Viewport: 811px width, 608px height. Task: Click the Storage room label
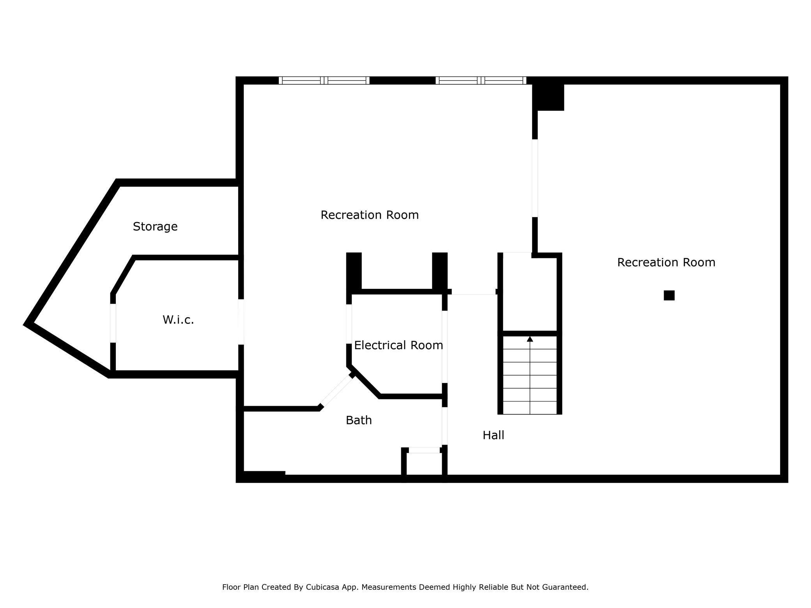(x=155, y=226)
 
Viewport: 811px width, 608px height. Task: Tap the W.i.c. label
(x=178, y=320)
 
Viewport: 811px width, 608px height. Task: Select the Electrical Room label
(x=398, y=345)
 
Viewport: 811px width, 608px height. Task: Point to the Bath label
(x=359, y=420)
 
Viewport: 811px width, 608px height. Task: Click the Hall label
(x=493, y=435)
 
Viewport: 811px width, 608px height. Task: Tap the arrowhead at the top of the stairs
(x=530, y=339)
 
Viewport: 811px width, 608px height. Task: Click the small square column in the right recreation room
(x=669, y=295)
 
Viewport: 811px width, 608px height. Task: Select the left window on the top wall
(x=324, y=80)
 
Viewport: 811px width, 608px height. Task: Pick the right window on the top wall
(x=481, y=80)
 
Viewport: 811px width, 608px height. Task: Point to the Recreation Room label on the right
(x=666, y=262)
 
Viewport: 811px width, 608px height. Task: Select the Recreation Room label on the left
(x=370, y=215)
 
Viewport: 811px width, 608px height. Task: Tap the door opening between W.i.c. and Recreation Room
(x=241, y=322)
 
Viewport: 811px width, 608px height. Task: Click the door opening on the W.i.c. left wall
(x=113, y=323)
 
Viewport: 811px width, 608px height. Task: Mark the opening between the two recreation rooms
(x=535, y=178)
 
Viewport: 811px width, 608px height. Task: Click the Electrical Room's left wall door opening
(x=349, y=324)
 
